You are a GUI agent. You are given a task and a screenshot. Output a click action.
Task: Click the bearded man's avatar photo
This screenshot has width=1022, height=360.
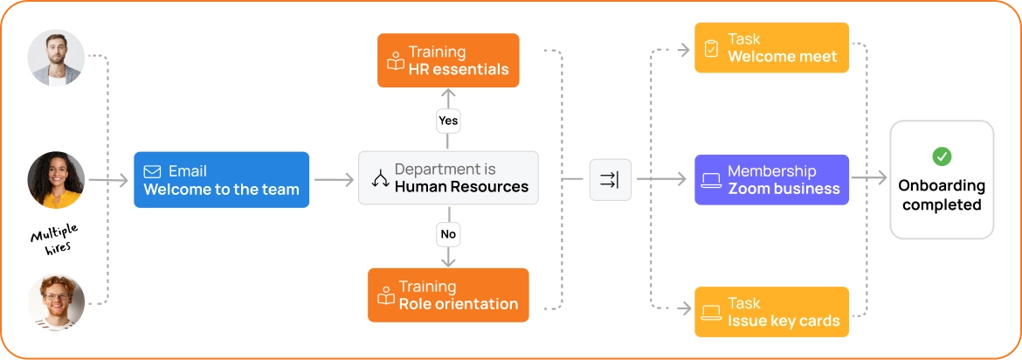56,58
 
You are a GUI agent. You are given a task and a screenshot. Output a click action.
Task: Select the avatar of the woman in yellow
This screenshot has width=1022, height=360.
56,180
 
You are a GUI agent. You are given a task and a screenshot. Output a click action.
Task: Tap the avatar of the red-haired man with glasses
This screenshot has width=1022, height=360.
56,302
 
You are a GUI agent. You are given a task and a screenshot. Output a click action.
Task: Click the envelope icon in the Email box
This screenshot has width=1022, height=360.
153,171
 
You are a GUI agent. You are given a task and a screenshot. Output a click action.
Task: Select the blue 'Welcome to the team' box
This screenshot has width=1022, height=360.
222,180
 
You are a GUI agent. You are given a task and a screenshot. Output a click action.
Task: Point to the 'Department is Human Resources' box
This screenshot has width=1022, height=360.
448,178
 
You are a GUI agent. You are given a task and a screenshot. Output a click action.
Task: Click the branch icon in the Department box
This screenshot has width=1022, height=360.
380,179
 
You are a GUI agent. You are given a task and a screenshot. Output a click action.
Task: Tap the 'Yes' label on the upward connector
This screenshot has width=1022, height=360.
448,121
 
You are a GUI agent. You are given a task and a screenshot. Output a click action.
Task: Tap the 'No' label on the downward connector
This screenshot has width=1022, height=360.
448,234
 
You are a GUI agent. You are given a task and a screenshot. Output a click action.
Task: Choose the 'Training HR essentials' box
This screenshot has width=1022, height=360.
448,60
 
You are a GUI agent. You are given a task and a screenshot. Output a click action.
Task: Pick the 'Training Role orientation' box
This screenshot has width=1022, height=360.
448,295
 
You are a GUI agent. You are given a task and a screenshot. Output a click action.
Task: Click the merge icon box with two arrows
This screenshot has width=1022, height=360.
611,179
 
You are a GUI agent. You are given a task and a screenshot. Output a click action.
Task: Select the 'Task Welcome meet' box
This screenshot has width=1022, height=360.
771,47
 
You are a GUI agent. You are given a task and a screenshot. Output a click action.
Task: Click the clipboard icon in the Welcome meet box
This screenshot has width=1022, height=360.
711,48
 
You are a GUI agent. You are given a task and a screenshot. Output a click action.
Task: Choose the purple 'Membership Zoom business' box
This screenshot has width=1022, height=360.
771,180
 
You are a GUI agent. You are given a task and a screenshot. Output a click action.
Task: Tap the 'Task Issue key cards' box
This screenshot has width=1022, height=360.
771,312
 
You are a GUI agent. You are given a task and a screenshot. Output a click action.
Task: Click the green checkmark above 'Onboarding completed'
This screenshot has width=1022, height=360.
942,156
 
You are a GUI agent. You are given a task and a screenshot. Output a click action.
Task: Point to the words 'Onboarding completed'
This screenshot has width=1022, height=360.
942,195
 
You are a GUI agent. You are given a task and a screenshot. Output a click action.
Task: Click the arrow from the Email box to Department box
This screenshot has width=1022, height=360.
334,180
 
